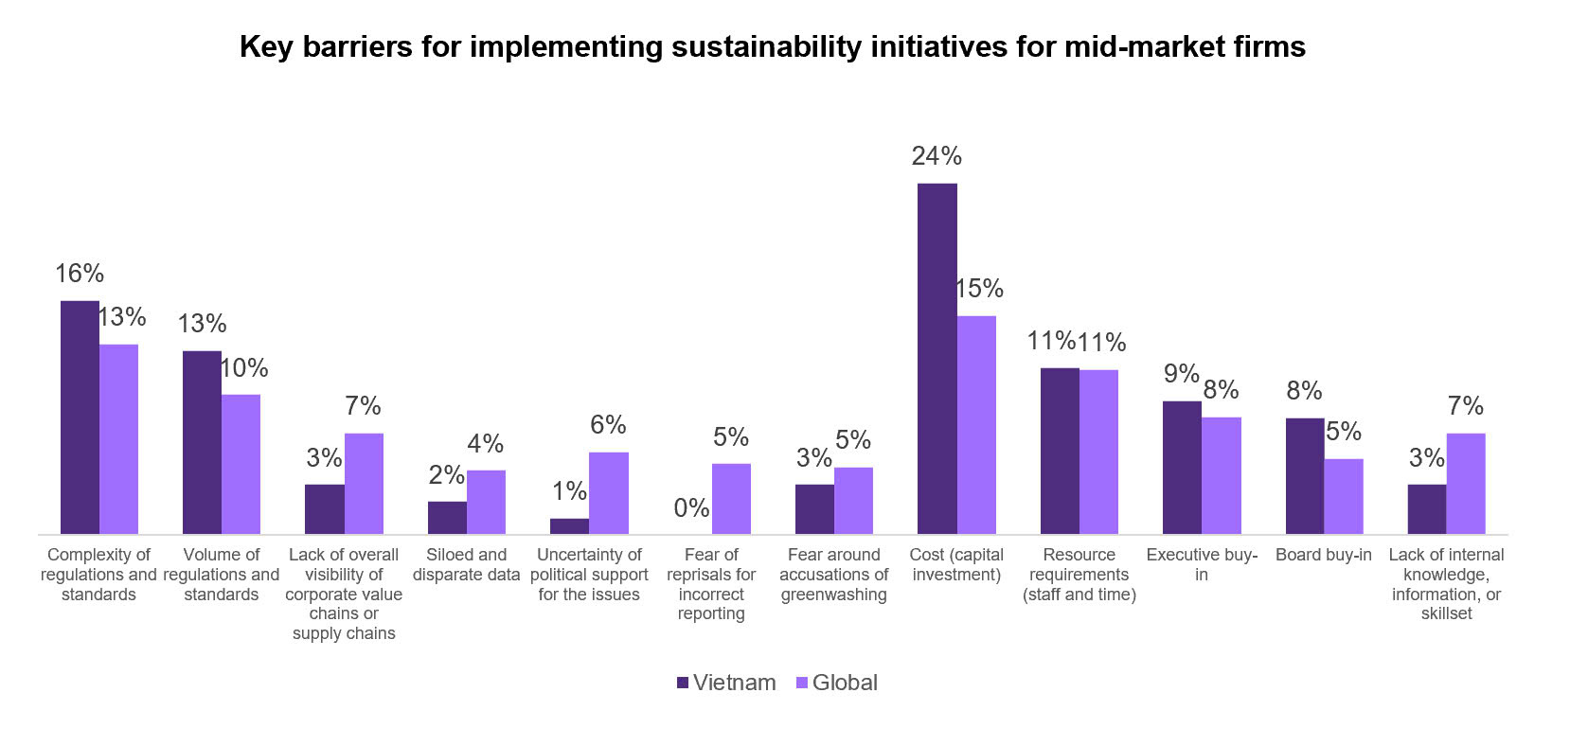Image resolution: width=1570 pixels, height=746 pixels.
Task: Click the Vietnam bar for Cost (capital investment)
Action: point(937,359)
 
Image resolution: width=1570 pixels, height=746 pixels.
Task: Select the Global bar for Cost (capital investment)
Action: point(976,425)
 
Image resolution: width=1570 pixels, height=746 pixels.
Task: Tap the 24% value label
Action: point(937,156)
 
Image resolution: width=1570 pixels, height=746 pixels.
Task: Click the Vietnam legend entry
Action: point(726,683)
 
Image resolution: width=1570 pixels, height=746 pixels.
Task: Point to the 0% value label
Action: point(691,508)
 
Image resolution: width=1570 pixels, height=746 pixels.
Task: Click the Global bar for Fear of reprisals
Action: point(731,499)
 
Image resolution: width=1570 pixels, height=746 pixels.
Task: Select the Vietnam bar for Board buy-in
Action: point(1304,476)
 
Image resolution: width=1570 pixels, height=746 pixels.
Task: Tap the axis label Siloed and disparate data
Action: point(466,564)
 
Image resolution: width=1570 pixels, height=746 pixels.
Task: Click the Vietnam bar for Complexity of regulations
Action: point(80,417)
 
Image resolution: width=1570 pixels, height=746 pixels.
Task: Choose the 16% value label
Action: point(80,274)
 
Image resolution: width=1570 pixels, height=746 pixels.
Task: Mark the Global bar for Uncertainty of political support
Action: point(608,493)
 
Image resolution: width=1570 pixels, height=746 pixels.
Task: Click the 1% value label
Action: point(569,491)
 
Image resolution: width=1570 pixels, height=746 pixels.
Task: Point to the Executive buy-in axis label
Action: point(1201,564)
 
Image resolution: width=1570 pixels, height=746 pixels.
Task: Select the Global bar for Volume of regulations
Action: point(241,464)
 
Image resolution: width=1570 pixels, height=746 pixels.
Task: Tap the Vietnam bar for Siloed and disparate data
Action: point(447,518)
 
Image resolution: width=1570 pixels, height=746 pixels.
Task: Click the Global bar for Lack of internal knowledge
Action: point(1466,484)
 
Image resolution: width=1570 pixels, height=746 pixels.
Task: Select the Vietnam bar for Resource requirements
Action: point(1060,451)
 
